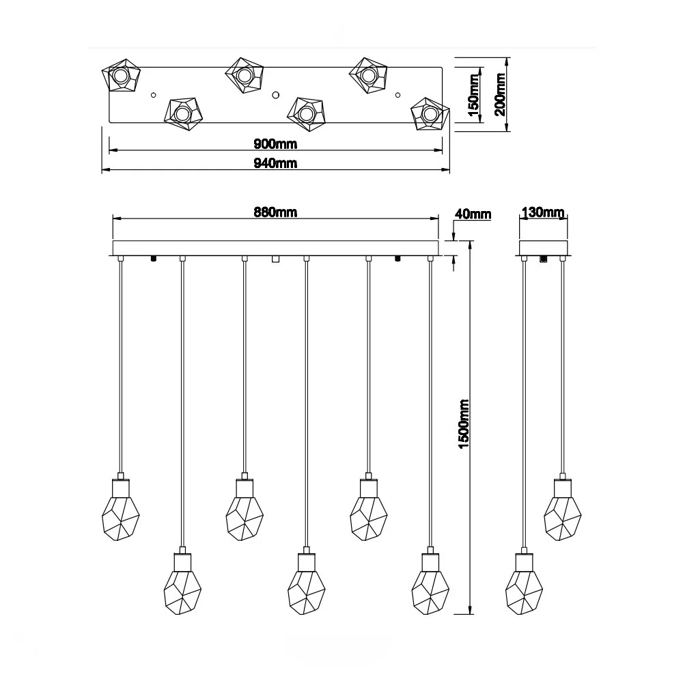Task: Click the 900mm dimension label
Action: tap(275, 143)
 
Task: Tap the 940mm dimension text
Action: tap(275, 163)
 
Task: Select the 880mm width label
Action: tap(275, 212)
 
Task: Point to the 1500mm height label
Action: tap(464, 424)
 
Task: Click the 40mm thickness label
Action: tap(473, 214)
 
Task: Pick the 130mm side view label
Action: tap(543, 212)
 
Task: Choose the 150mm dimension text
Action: tap(473, 95)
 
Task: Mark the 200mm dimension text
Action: tap(500, 94)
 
